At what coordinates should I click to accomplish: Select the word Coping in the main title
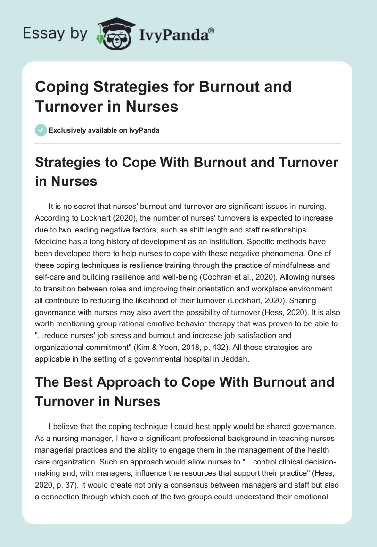coord(60,87)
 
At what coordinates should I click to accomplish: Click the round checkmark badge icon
coord(41,130)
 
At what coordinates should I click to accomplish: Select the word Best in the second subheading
coord(75,382)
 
